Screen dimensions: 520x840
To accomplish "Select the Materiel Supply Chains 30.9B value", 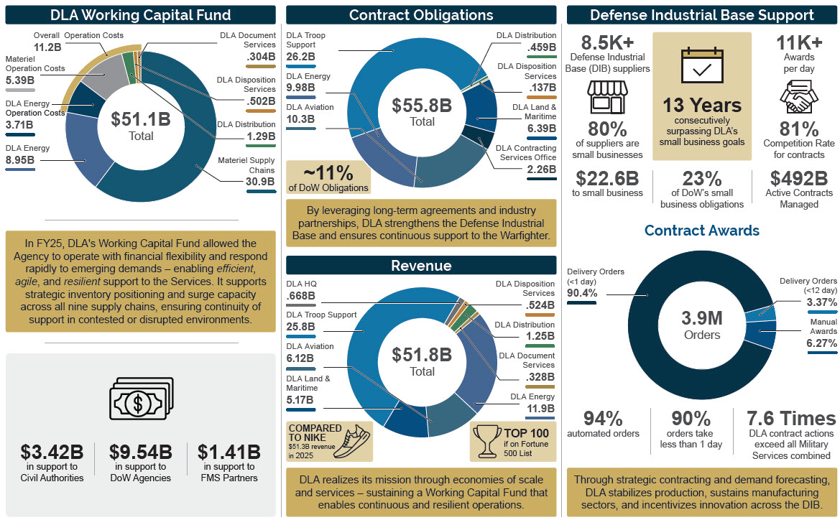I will pos(260,182).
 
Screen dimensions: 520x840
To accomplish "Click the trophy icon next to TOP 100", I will pos(491,440).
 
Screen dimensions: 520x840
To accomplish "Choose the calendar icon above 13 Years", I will pos(701,68).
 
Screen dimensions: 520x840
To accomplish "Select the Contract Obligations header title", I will pos(421,15).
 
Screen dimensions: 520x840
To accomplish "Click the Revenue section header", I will pos(421,266).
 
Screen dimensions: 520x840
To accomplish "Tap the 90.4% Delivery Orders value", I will pos(583,292).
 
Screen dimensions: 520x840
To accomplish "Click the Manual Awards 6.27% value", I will pos(821,343).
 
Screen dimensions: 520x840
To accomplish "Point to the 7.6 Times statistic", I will pos(791,418).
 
